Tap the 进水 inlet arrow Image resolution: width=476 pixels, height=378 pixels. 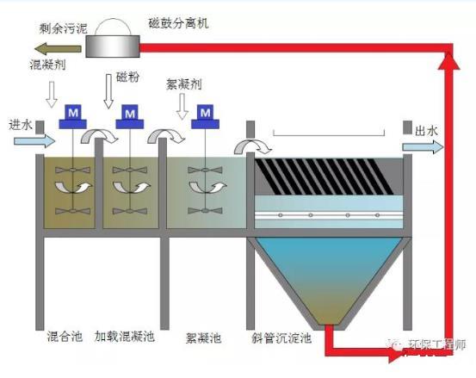click(20, 140)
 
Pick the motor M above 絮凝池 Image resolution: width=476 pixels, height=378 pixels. click(205, 114)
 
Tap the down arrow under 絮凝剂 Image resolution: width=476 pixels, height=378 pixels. click(181, 107)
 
